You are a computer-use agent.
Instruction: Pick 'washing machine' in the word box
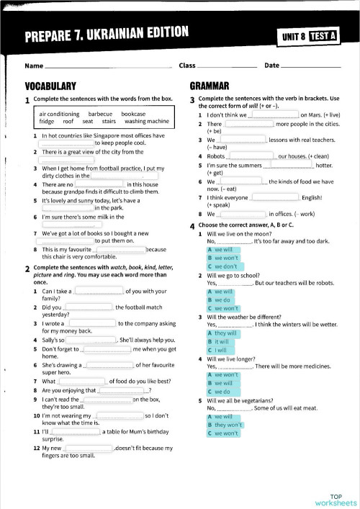coord(147,121)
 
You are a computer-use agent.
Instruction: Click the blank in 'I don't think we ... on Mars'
coord(274,115)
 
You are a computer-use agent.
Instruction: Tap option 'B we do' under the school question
coord(218,299)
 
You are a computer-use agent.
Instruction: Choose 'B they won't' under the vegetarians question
coord(225,425)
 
